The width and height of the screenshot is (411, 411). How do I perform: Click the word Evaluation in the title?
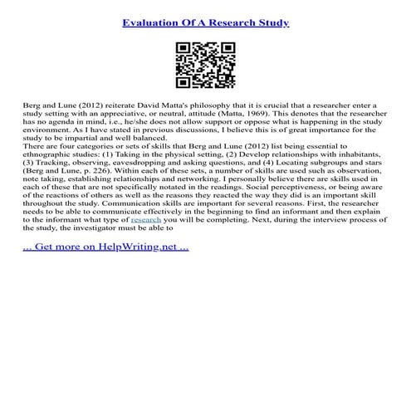point(152,22)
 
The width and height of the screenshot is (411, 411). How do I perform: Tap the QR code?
point(205,66)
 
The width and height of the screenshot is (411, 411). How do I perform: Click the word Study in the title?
point(272,22)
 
